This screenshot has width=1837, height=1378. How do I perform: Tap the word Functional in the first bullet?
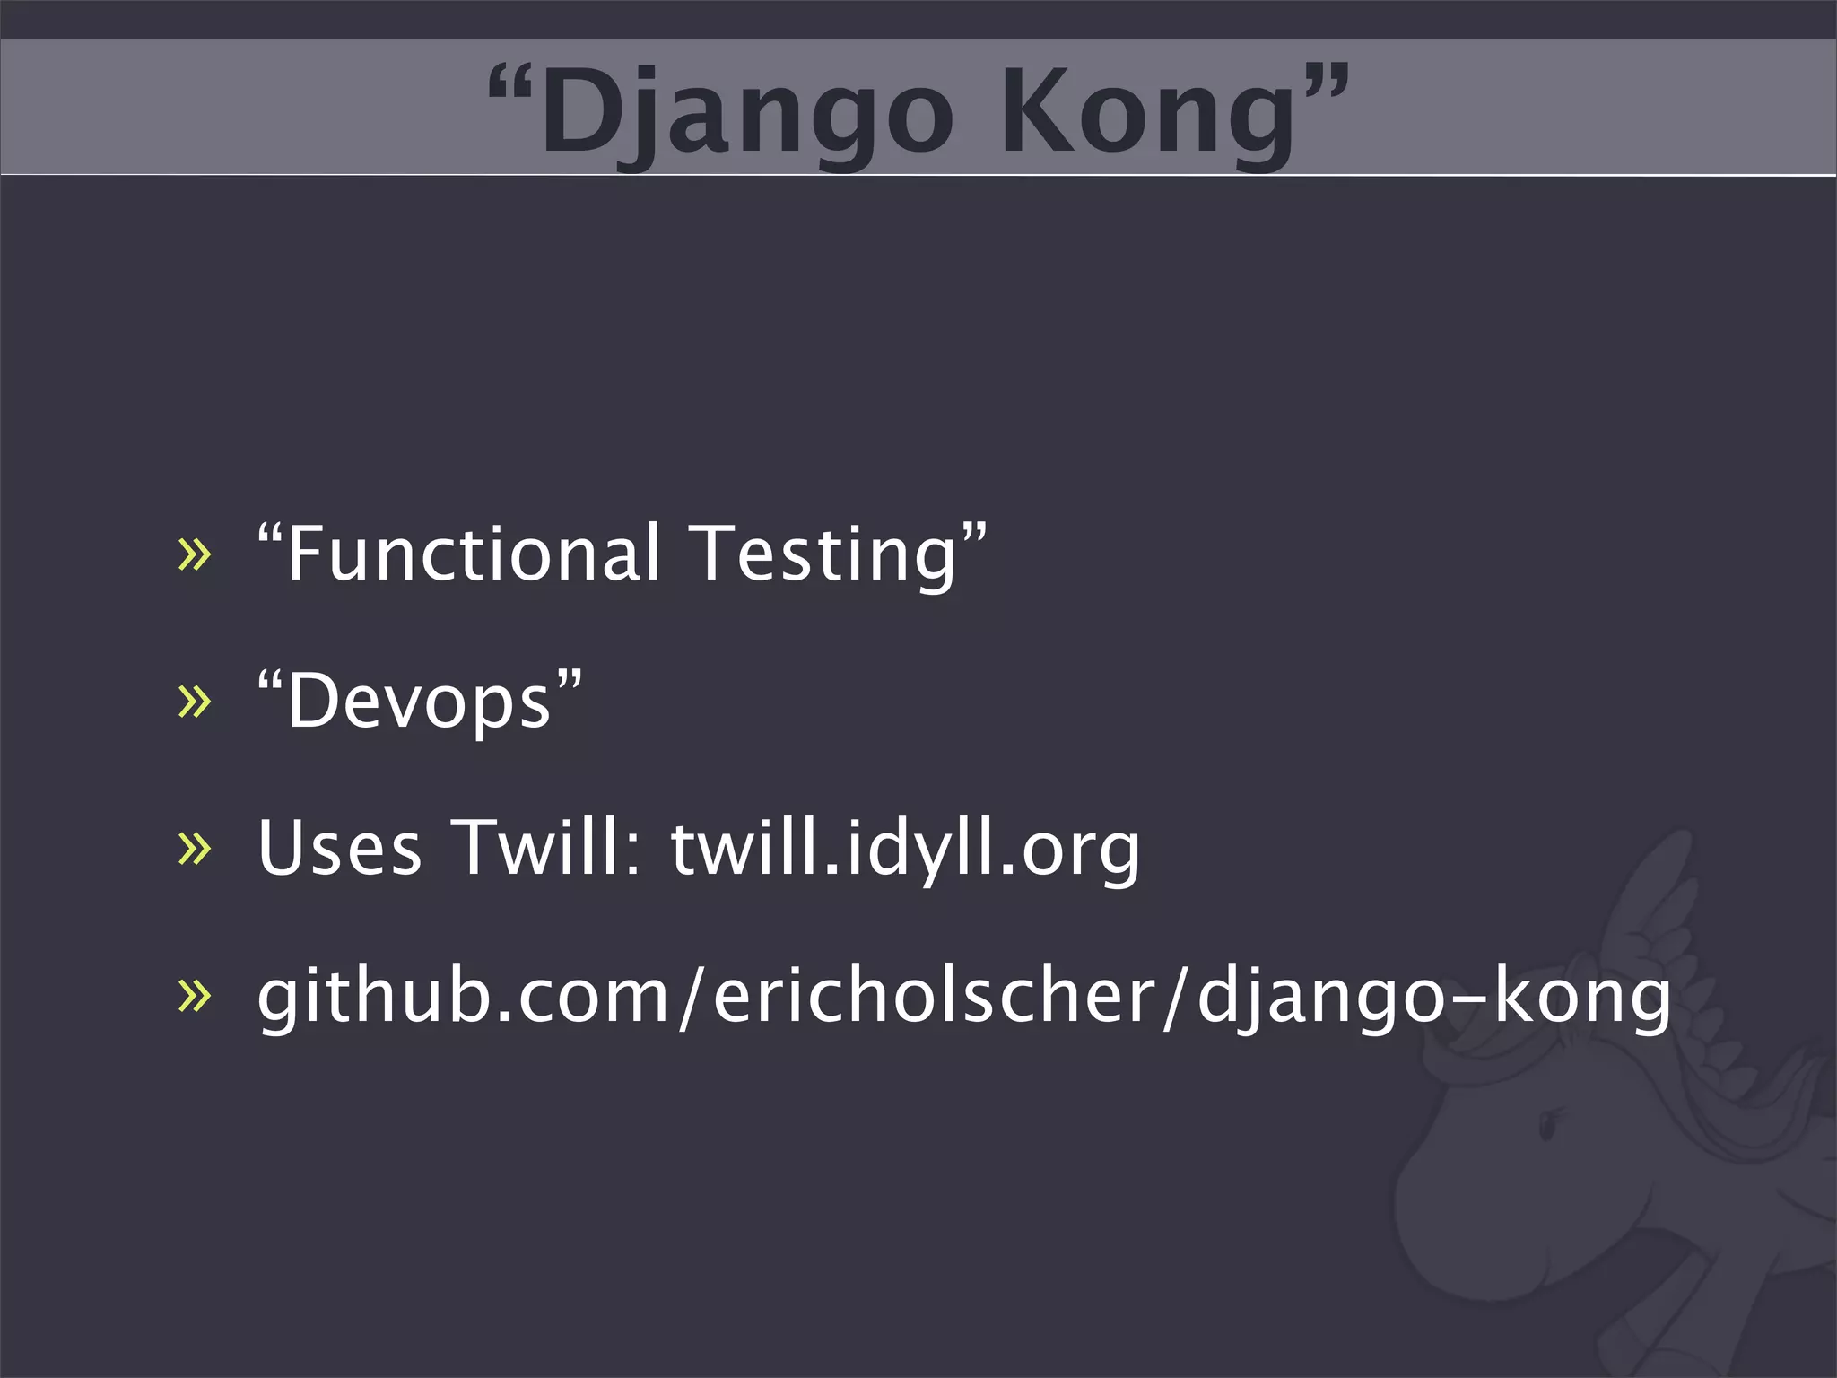point(474,554)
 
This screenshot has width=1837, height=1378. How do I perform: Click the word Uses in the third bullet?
point(339,848)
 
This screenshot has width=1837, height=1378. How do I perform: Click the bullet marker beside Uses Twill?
point(195,849)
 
